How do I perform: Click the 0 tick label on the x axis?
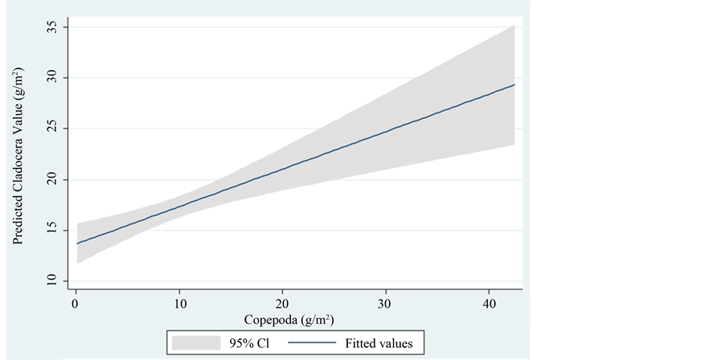pyautogui.click(x=75, y=303)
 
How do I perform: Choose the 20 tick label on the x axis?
pyautogui.click(x=282, y=303)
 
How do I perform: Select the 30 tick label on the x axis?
pyautogui.click(x=386, y=303)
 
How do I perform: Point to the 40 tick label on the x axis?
pyautogui.click(x=489, y=303)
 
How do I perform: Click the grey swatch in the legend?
pyautogui.click(x=196, y=343)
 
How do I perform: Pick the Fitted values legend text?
pyautogui.click(x=379, y=343)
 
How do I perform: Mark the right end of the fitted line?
pyautogui.click(x=514, y=84)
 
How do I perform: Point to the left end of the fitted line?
pyautogui.click(x=76, y=243)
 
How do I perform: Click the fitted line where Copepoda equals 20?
pyautogui.click(x=282, y=170)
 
